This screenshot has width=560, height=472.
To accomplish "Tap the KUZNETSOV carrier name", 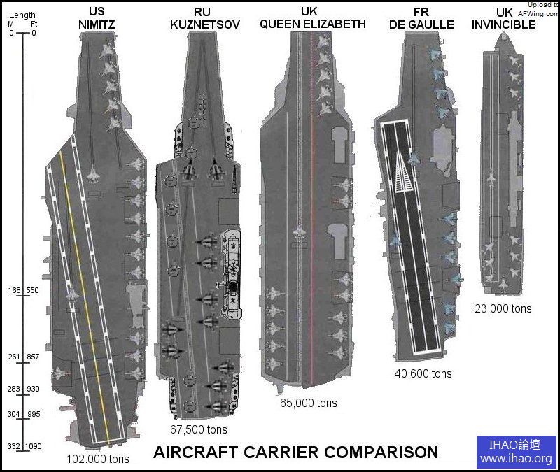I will pyautogui.click(x=205, y=24).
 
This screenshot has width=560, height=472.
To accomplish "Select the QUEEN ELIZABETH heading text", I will pyautogui.click(x=313, y=24).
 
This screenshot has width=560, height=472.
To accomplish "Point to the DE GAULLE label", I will pyautogui.click(x=421, y=24).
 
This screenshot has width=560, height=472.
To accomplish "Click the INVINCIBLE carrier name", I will pyautogui.click(x=504, y=24).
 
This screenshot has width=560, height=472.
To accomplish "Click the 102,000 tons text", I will pyautogui.click(x=98, y=459).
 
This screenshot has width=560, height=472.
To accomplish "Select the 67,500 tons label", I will pyautogui.click(x=199, y=429).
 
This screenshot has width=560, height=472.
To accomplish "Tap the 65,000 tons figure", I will pyautogui.click(x=308, y=403).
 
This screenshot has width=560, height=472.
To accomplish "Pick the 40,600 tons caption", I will pyautogui.click(x=423, y=373).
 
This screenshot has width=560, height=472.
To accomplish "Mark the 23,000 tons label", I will pyautogui.click(x=503, y=308).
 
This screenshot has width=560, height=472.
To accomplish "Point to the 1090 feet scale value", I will pyautogui.click(x=34, y=446).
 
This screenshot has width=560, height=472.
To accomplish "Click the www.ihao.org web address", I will pyautogui.click(x=517, y=459).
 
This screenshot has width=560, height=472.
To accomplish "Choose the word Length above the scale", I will pyautogui.click(x=22, y=15).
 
